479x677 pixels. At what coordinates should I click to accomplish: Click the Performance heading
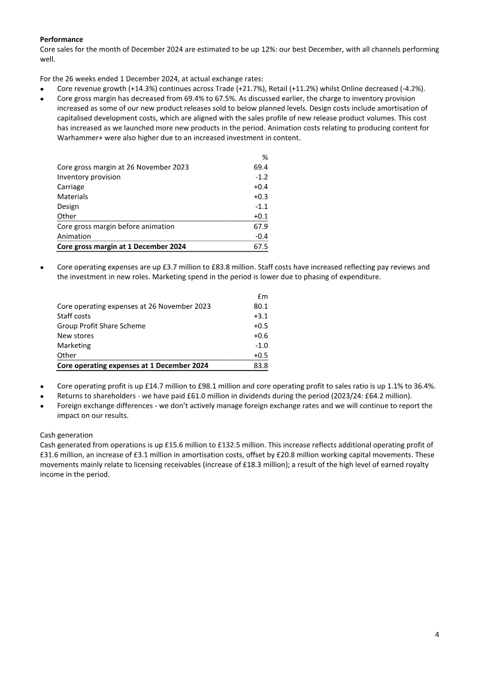(61, 39)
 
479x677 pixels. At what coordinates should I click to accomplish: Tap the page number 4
(437, 634)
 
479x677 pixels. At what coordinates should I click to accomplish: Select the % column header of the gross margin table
(265, 157)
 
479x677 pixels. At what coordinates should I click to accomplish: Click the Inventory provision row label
(89, 177)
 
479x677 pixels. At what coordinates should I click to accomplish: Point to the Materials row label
(72, 196)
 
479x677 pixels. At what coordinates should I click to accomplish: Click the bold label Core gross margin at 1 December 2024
(121, 246)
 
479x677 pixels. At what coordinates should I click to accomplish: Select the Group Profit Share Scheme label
(101, 326)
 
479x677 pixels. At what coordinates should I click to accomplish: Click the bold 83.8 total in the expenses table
(260, 365)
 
